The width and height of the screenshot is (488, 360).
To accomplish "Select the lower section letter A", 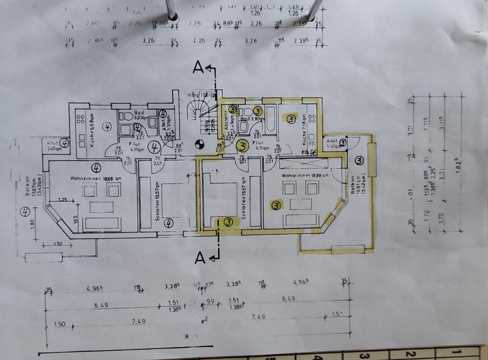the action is [200, 258].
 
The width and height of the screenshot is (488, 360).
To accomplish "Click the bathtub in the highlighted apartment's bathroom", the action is [270, 117].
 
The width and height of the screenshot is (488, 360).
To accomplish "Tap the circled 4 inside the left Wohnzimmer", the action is [97, 166].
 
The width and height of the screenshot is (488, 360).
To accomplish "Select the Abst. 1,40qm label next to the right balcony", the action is [333, 143].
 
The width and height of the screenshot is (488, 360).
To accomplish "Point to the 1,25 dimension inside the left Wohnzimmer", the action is [63, 199].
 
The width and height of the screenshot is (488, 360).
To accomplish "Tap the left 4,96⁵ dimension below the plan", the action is [95, 288].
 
